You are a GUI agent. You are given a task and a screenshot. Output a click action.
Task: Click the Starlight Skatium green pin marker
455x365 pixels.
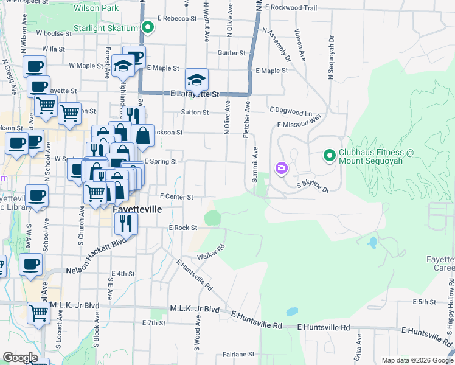(x=148, y=27)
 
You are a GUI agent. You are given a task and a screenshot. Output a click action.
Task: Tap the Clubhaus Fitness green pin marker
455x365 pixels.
(x=330, y=156)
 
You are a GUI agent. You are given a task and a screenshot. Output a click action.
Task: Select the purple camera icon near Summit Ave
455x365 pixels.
(x=281, y=167)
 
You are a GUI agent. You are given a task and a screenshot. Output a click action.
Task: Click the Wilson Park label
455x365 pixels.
(x=96, y=9)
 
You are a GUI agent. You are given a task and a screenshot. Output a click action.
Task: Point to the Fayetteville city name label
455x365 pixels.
(x=137, y=209)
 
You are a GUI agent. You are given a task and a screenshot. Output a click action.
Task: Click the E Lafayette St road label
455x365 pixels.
(x=195, y=94)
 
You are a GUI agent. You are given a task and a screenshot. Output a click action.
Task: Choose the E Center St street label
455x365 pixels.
(x=176, y=197)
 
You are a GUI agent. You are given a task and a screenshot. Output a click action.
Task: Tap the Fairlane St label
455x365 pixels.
(x=238, y=353)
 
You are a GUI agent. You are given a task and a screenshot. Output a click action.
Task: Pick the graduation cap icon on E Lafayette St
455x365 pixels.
(x=196, y=79)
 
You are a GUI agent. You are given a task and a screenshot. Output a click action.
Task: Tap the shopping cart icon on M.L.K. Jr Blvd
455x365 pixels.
(x=39, y=313)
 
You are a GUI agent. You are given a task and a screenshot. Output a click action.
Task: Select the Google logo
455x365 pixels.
(x=20, y=358)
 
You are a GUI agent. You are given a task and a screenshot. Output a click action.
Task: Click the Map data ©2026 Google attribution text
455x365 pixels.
(x=417, y=360)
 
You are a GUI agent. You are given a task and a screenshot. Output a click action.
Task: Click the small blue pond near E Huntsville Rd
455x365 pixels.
(x=292, y=311)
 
